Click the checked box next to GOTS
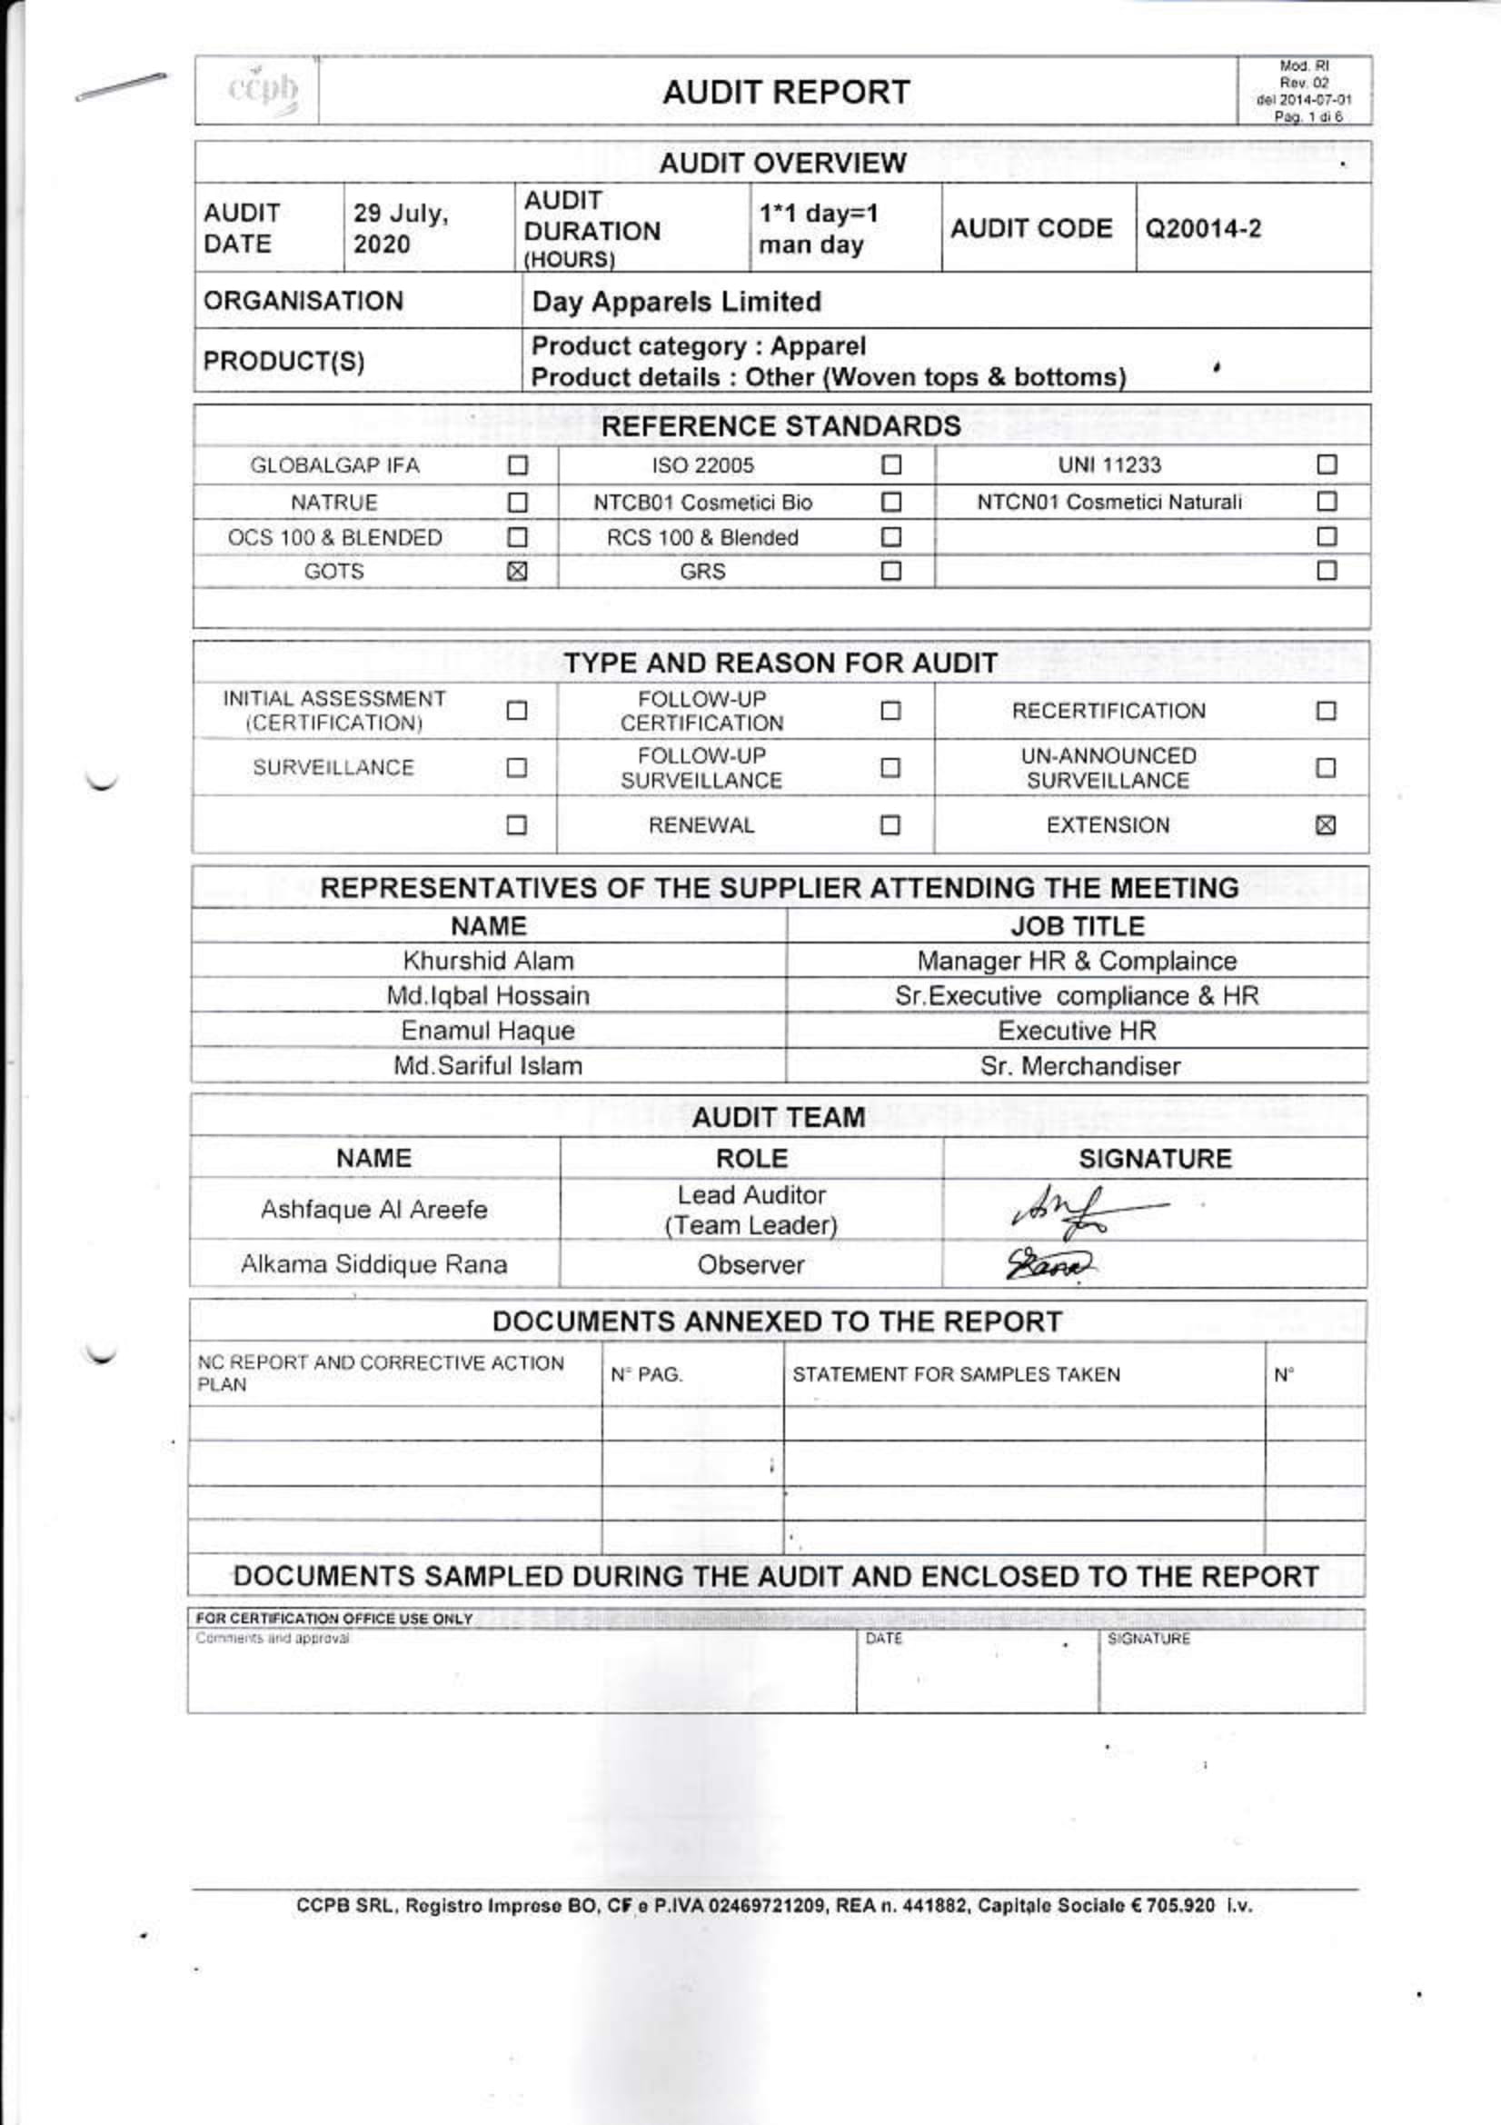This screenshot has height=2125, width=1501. (517, 571)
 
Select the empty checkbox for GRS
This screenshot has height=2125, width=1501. (890, 571)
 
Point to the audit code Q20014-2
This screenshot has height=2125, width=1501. (1203, 229)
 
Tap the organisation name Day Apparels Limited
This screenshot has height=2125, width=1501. (677, 302)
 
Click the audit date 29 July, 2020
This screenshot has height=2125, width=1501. (401, 229)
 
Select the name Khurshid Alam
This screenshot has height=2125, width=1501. (488, 961)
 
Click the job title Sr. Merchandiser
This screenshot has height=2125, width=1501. (1080, 1066)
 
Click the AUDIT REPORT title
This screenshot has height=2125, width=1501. (786, 93)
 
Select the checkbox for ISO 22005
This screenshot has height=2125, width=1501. (890, 464)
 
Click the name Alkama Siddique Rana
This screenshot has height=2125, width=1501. (373, 1264)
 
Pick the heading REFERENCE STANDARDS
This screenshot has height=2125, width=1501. (781, 425)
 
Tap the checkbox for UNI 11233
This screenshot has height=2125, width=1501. (1327, 464)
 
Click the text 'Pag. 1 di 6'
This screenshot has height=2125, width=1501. (1307, 116)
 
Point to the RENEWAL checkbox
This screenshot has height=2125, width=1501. (890, 824)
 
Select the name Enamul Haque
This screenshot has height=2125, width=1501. (488, 1031)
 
